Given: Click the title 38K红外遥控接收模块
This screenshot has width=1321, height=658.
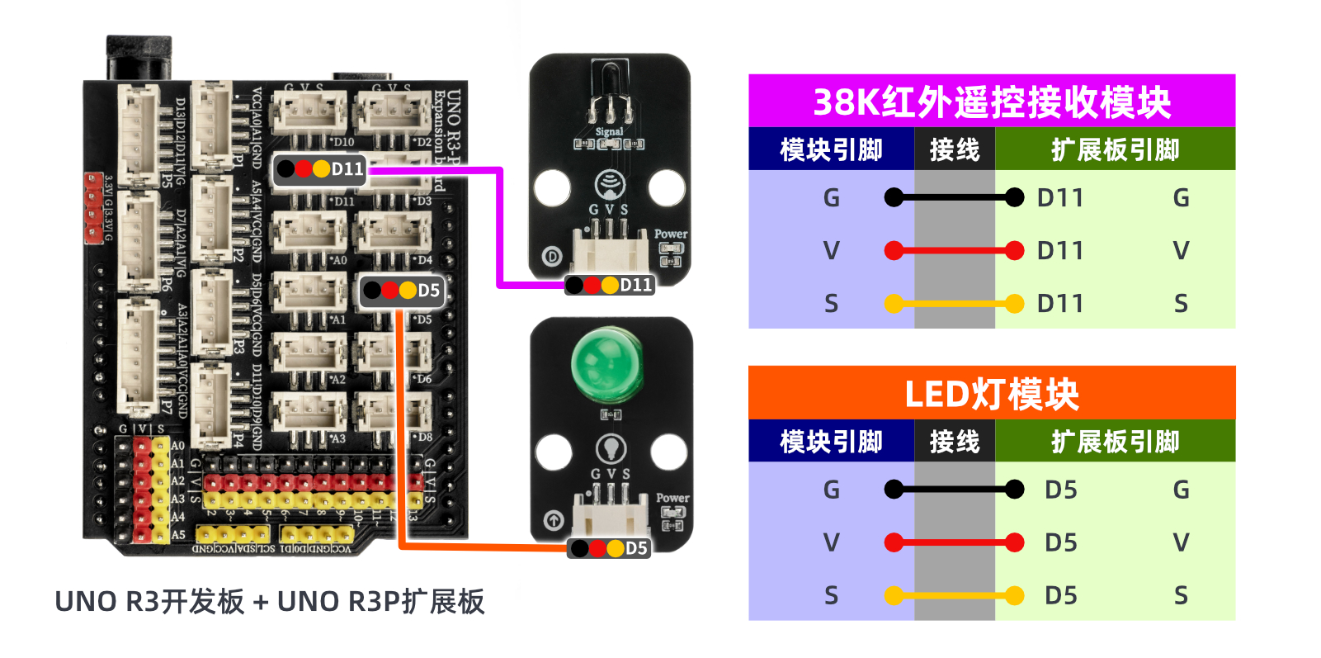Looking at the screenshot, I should point(992,102).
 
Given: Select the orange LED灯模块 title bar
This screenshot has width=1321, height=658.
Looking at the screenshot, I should point(992,393).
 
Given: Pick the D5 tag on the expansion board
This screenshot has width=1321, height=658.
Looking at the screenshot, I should point(403,291).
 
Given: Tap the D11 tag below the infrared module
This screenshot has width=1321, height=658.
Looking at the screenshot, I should point(610,286).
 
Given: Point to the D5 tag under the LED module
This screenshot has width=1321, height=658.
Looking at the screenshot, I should point(609,548).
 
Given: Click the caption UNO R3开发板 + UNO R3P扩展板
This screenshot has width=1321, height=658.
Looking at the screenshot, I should point(269,602).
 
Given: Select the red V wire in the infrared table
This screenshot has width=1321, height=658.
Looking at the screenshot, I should point(954,250).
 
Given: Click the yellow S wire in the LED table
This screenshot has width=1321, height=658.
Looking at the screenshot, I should point(954,595).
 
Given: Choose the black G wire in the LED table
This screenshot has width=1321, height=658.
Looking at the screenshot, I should point(954,490).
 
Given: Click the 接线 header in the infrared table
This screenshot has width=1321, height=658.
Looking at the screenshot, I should point(954,149).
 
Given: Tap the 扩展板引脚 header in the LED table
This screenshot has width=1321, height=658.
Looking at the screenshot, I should point(1115,442).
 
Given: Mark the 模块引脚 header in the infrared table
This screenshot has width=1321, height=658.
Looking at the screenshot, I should point(831,149).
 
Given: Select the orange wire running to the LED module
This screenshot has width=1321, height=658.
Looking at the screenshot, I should point(400,429).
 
